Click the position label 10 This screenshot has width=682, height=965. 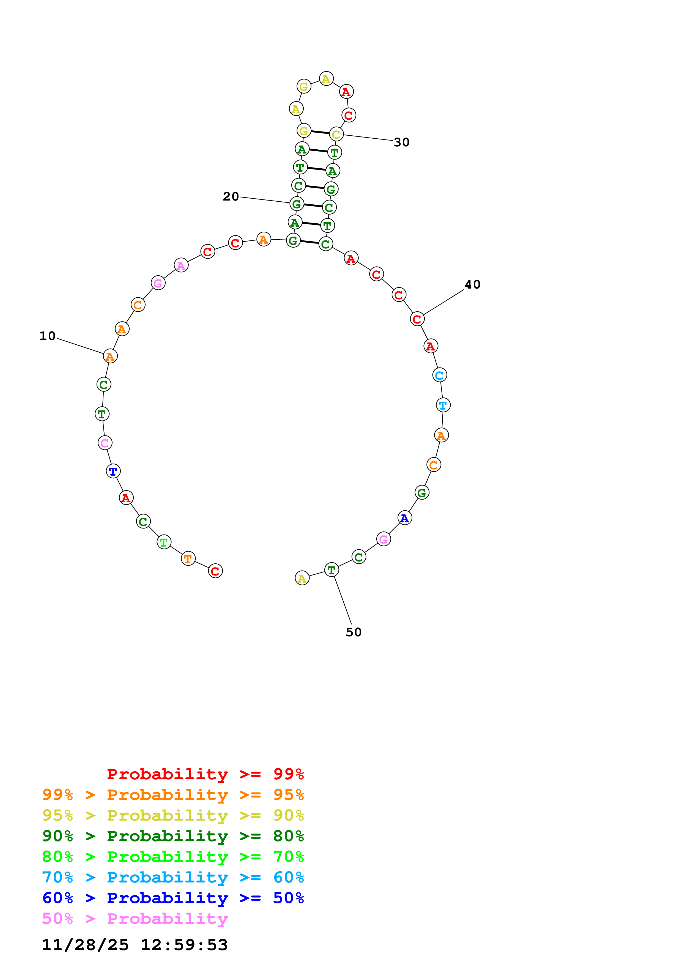pos(48,336)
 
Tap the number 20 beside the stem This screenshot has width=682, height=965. pos(231,196)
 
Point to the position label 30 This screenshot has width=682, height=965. pos(401,142)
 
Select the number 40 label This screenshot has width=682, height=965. pos(472,284)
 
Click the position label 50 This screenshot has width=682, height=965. pos(354,632)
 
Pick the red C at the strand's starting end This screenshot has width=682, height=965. pos(215,571)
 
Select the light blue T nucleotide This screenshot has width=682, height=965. pos(443,405)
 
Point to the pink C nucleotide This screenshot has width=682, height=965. pos(105,443)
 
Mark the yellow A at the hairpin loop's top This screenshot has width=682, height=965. pos(326,79)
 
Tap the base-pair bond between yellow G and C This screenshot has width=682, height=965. pos(320,132)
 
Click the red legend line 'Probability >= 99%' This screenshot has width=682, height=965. pos(205,774)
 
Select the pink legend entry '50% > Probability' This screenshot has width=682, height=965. pos(135,919)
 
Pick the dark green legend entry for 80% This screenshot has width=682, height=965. pos(173,836)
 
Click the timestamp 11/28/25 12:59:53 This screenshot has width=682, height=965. pos(135,945)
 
